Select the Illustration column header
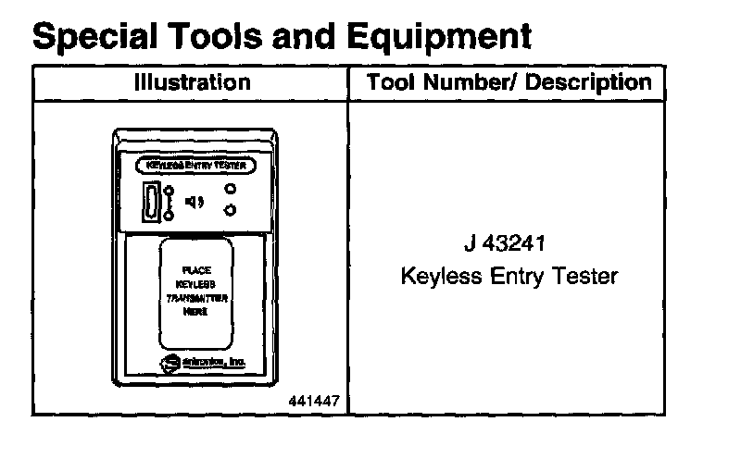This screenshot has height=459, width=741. [192, 82]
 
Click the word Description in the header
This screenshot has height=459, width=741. [589, 82]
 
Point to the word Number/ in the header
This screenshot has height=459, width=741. [472, 82]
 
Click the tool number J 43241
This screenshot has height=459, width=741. [509, 248]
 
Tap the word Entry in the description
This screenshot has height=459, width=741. [510, 277]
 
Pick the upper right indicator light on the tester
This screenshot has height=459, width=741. [229, 190]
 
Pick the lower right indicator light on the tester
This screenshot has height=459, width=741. [229, 211]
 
